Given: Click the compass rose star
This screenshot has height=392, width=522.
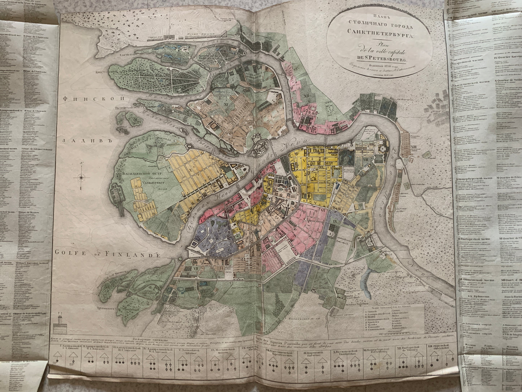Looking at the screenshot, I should click(82, 177).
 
